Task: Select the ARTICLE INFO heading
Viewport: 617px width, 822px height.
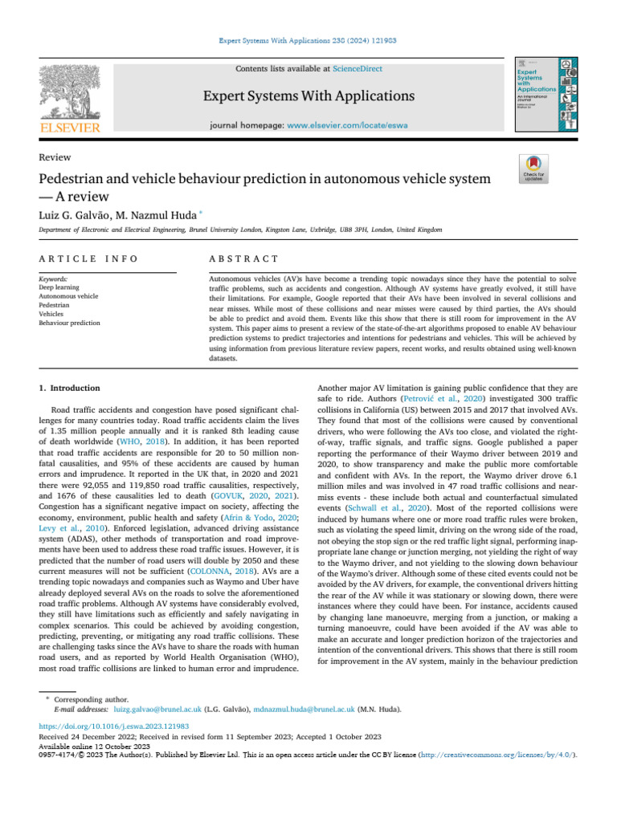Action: pos(88,258)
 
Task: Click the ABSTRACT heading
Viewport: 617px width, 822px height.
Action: pos(243,258)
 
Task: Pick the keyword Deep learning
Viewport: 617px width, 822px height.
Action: pos(58,287)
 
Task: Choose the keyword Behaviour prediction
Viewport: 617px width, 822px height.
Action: pos(70,324)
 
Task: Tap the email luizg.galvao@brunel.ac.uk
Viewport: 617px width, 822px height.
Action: pos(157,710)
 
